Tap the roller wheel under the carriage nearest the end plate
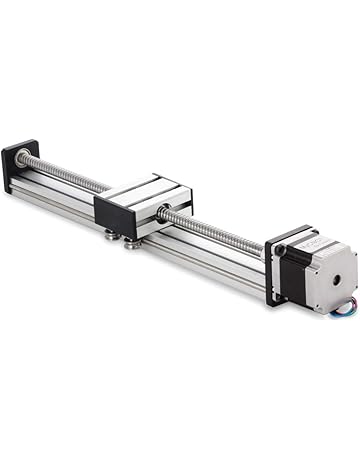coord(107,236)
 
